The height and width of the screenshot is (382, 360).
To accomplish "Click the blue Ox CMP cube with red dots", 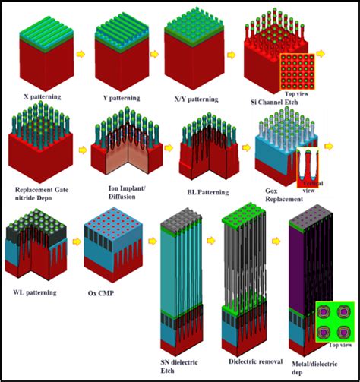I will (x=115, y=247).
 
